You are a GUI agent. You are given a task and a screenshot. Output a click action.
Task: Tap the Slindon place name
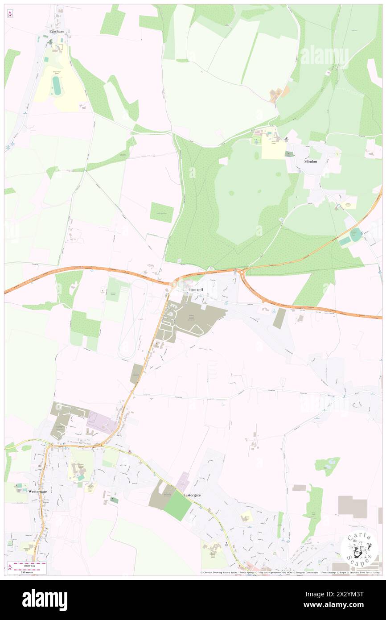(x=310, y=161)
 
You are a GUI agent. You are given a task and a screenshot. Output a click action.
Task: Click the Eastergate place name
(x=192, y=495)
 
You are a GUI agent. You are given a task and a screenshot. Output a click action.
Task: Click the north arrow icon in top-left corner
(x=10, y=14)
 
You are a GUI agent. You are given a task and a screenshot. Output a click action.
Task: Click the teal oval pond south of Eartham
(x=57, y=85)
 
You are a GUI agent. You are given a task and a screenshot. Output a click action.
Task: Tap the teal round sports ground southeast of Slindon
(x=355, y=234)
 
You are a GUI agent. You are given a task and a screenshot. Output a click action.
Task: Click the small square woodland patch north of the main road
(x=161, y=212)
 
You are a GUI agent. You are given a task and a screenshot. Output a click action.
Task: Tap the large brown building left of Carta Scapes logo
(x=352, y=507)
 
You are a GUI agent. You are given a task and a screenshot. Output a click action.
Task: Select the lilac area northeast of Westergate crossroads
(x=102, y=422)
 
